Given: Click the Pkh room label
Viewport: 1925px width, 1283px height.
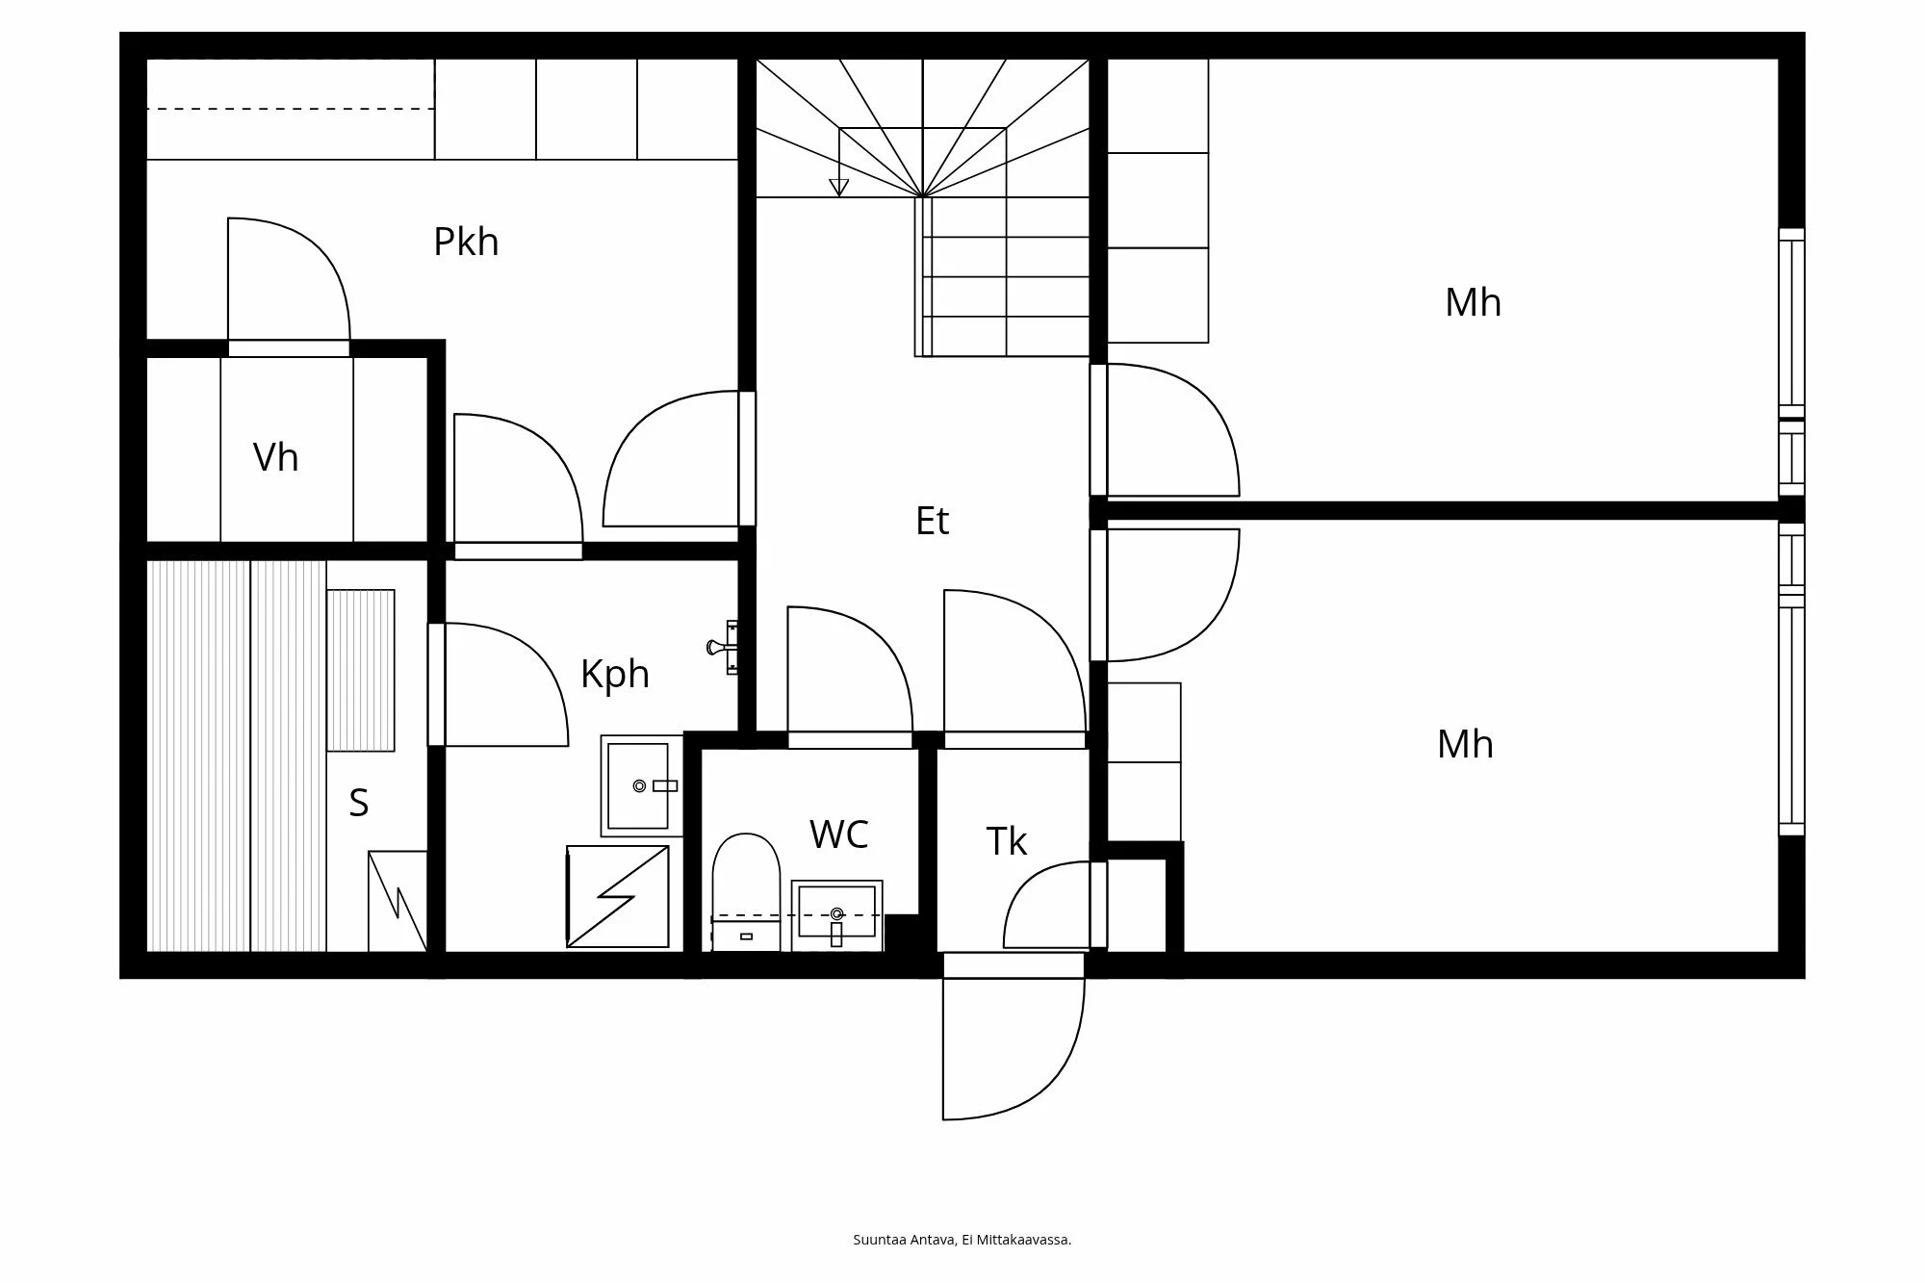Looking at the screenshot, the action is click(466, 243).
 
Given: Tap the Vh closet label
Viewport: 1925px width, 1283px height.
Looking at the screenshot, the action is click(276, 458).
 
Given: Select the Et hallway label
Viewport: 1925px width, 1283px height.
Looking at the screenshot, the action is click(932, 521).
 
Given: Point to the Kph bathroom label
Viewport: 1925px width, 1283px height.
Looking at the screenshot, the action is click(615, 675).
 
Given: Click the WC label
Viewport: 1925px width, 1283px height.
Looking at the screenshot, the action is click(839, 834).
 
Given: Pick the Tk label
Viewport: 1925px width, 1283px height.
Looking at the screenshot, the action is click(1007, 841).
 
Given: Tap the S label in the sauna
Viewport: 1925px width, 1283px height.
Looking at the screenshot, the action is click(359, 803).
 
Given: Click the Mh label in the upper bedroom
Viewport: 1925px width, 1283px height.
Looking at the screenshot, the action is click(1473, 302).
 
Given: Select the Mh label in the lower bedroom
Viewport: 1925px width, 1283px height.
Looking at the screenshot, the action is click(1465, 744).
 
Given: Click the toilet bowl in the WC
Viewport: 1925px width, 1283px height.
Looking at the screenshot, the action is click(746, 891).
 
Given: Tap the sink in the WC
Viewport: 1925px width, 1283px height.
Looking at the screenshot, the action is click(836, 915).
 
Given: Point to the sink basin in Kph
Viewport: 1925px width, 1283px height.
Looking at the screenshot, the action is click(639, 785).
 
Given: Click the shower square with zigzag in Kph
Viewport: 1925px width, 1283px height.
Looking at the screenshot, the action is click(618, 896).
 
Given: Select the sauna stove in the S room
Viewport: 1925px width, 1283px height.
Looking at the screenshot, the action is click(398, 901).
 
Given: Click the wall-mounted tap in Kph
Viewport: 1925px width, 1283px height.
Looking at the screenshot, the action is click(723, 647).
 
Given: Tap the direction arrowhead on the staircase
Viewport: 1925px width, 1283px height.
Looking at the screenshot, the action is click(839, 188).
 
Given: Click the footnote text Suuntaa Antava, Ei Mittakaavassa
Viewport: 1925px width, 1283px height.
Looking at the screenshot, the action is click(962, 1240).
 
